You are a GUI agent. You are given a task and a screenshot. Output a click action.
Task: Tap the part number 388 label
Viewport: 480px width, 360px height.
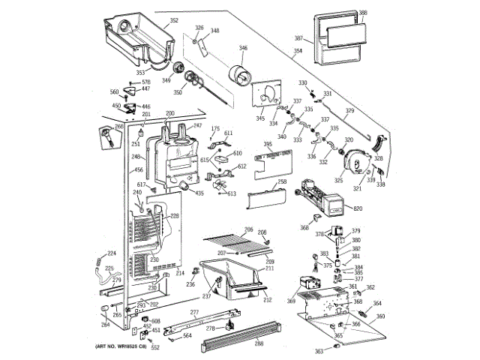click(363, 13)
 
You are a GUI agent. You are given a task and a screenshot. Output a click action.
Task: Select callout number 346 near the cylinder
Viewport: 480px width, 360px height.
click(243, 49)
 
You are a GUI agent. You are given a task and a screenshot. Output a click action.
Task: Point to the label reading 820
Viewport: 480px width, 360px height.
click(358, 208)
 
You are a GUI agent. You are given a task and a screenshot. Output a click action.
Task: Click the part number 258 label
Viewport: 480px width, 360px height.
click(282, 182)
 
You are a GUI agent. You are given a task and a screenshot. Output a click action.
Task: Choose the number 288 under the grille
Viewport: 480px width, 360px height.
click(259, 344)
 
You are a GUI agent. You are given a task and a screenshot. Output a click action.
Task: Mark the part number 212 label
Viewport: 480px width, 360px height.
click(267, 299)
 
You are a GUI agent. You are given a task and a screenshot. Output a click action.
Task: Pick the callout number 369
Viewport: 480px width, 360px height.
click(290, 301)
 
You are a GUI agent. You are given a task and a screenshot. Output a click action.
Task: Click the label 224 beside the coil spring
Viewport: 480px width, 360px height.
click(111, 253)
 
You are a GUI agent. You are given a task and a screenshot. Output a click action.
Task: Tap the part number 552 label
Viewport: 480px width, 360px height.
click(155, 347)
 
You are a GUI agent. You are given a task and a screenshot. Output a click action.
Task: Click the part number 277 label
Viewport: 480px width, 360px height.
click(194, 312)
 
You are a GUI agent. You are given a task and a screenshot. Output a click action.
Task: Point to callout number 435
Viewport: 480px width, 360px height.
click(199, 193)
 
